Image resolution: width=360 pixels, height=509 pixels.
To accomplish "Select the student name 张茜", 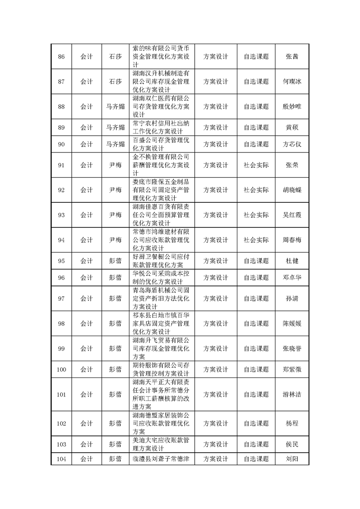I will tap(292, 57).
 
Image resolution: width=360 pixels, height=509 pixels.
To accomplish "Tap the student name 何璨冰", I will tap(292, 82).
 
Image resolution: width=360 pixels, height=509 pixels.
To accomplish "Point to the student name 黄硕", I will tap(292, 127).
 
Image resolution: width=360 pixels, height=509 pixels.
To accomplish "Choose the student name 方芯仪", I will tap(292, 144).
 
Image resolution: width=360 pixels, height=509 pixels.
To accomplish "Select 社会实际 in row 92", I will tap(256, 190).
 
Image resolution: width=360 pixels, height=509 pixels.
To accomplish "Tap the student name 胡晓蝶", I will tap(292, 190).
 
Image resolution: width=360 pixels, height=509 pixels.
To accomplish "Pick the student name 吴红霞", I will tap(292, 215).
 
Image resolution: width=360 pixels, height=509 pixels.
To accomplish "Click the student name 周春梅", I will tap(292, 240).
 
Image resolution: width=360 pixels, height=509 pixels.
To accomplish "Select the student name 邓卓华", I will tap(292, 277).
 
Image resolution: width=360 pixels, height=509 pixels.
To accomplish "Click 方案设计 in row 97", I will tap(216, 298).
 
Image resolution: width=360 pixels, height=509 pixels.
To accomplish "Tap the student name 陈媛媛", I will tap(292, 323).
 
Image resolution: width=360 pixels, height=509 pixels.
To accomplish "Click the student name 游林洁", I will tap(292, 394).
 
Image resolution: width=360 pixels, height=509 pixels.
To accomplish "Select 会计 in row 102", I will tap(87, 423).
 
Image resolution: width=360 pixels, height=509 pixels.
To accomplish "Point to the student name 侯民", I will tap(292, 444).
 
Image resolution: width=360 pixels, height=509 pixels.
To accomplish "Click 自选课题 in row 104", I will tap(256, 459).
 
